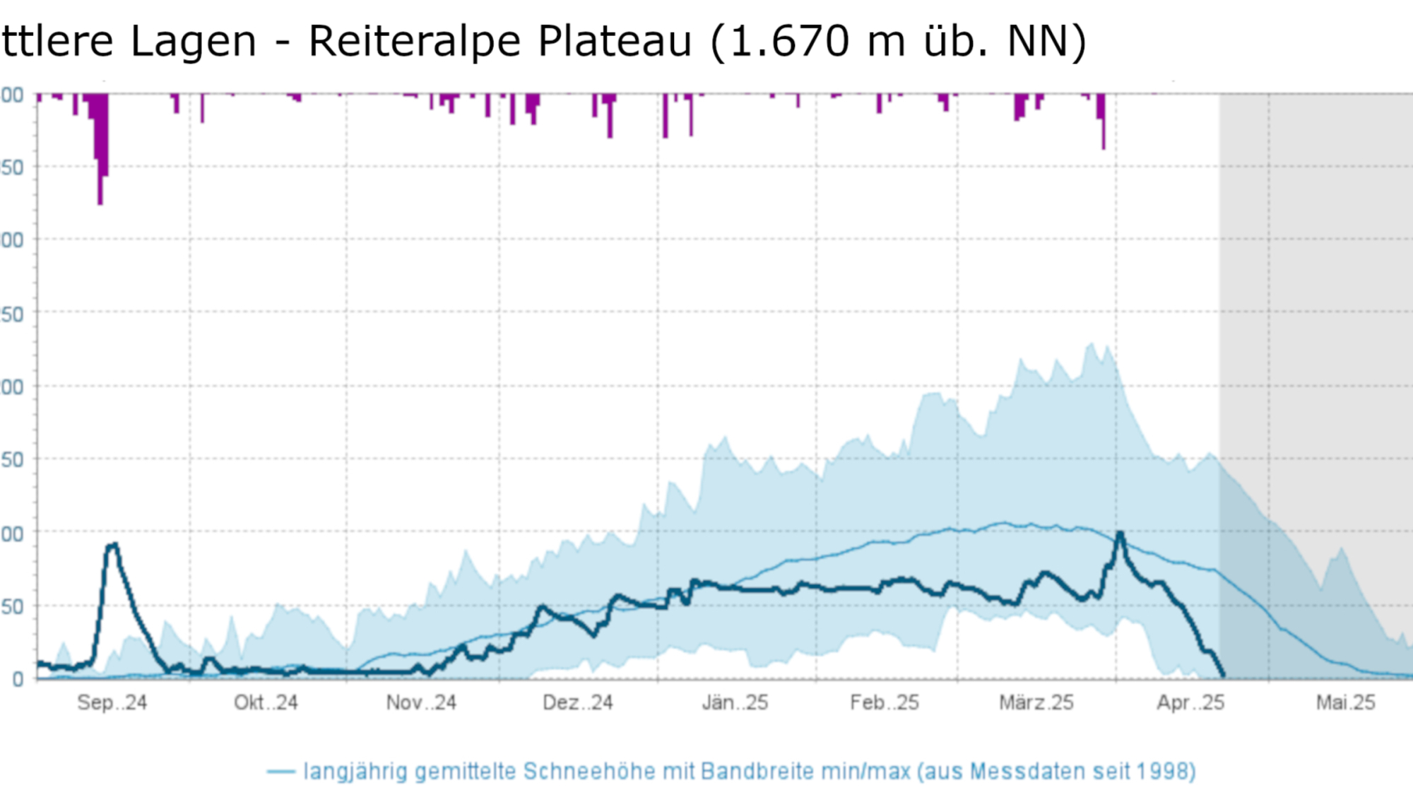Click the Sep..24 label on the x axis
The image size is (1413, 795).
(x=112, y=702)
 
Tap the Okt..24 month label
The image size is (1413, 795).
(x=266, y=702)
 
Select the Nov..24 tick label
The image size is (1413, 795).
(x=421, y=702)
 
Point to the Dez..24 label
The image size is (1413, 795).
(x=577, y=702)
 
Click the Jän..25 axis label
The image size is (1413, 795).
(x=735, y=702)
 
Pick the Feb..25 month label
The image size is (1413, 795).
(x=885, y=702)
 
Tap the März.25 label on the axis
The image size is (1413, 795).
(x=1036, y=702)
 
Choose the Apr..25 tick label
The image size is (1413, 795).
(x=1190, y=702)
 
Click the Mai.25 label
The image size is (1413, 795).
(x=1345, y=702)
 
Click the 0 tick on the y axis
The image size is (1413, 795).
(x=18, y=679)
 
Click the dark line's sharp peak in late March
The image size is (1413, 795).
(x=1120, y=534)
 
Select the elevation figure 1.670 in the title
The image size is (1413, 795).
(x=789, y=41)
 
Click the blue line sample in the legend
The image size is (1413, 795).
(x=280, y=772)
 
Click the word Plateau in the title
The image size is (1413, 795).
(x=615, y=41)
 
